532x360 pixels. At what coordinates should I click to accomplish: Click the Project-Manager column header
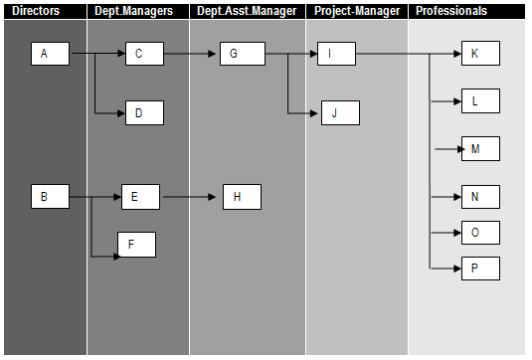[x=356, y=11]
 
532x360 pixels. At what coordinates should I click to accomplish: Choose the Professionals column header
[x=451, y=11]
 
